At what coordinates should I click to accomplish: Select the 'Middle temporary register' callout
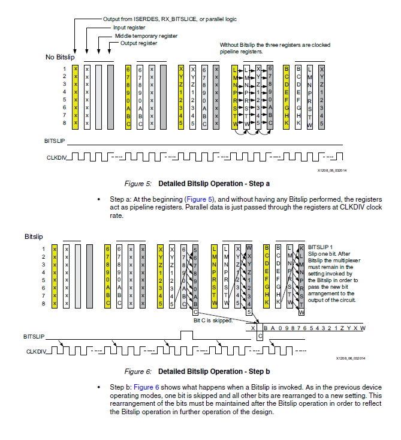point(146,35)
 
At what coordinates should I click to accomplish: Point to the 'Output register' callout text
point(138,43)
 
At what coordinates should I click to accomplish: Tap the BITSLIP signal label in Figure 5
point(55,141)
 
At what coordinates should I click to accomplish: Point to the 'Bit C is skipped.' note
point(213,320)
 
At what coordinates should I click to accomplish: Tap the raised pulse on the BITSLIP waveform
point(187,334)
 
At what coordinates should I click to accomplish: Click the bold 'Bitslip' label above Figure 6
point(35,237)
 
